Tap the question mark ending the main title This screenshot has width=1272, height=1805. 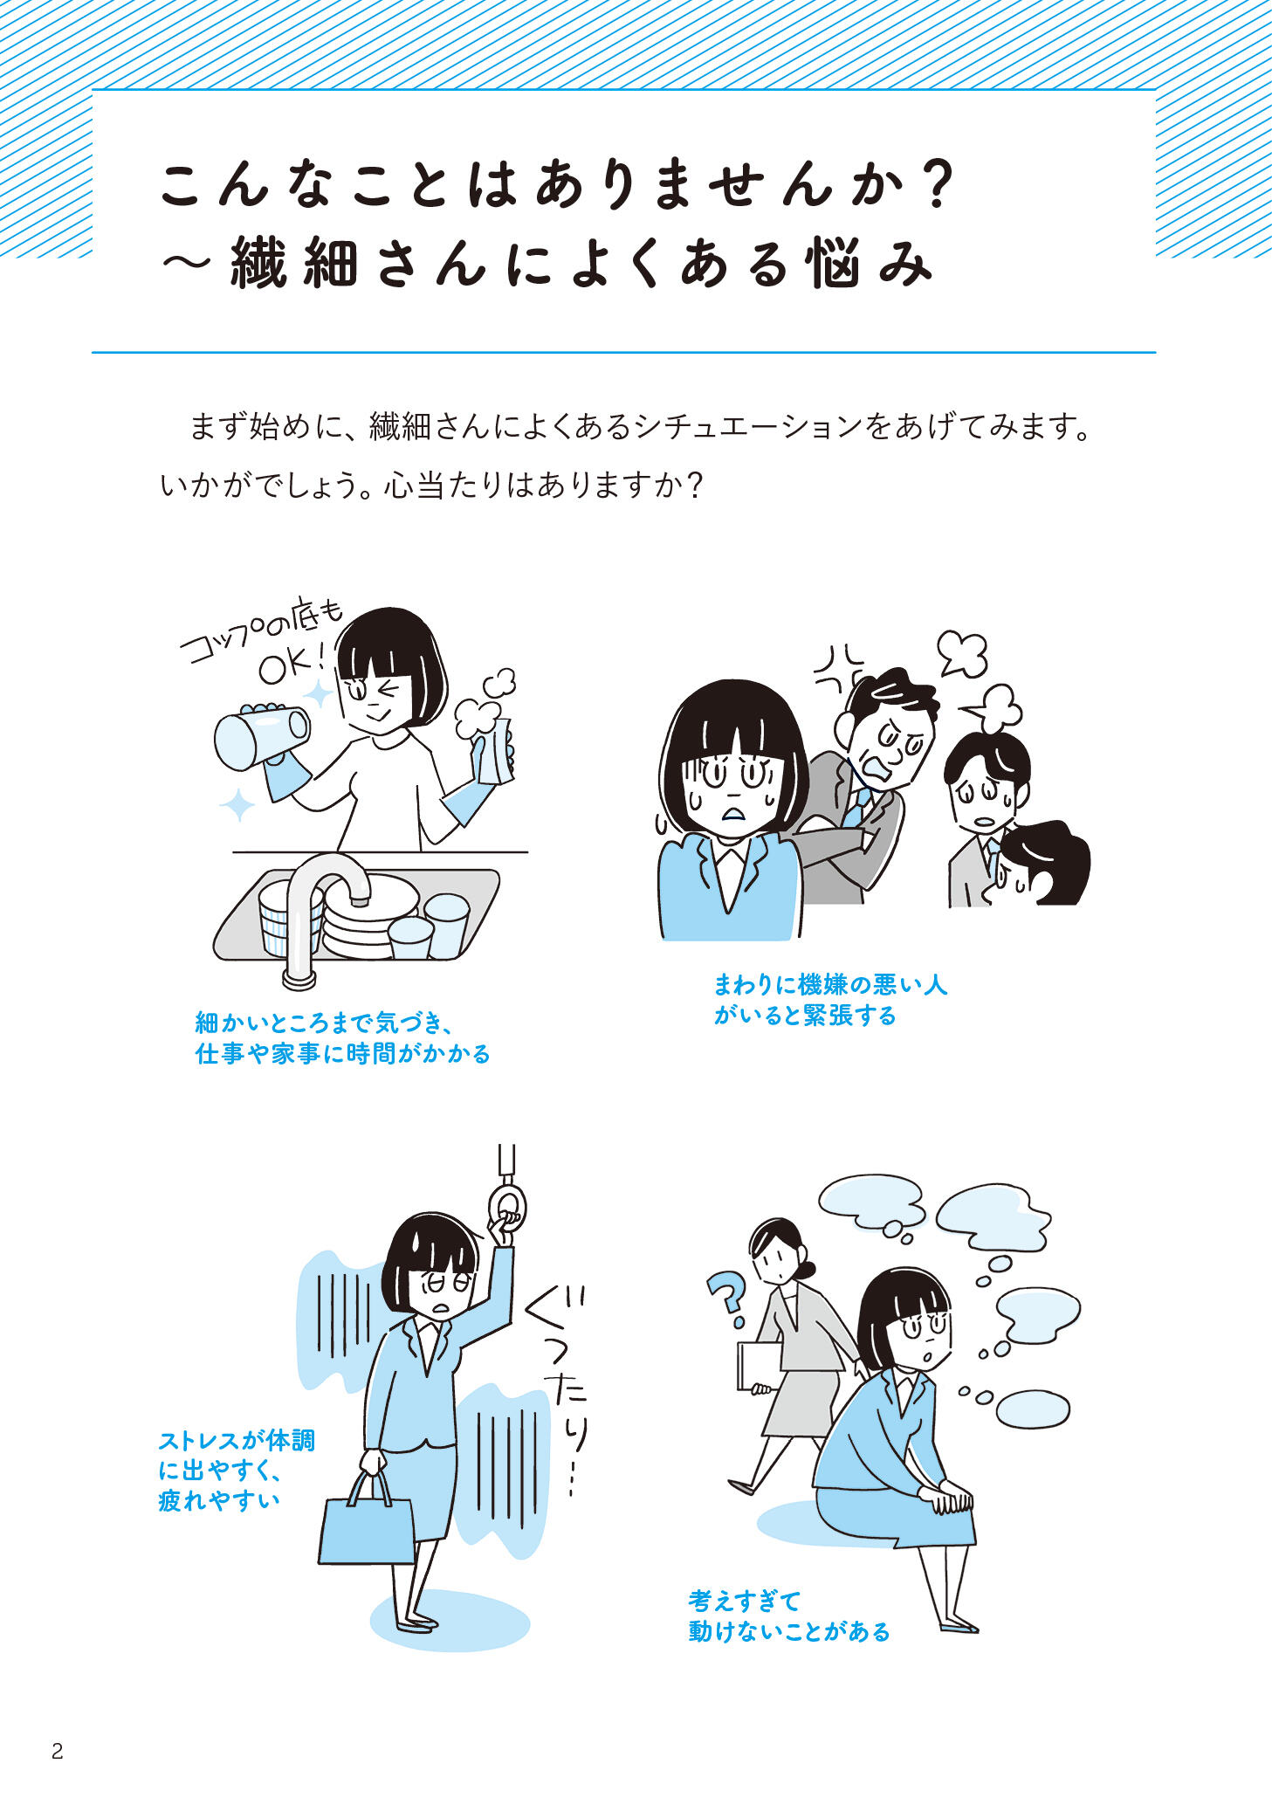[937, 184]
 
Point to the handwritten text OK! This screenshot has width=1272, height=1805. [295, 666]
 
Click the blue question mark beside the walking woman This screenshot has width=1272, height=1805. [725, 1299]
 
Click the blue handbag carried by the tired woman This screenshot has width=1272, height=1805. [367, 1519]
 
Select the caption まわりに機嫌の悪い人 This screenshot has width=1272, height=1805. [830, 985]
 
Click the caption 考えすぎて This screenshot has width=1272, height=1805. [744, 1600]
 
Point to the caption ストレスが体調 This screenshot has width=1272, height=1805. [237, 1442]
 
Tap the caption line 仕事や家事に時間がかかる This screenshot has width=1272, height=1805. [342, 1054]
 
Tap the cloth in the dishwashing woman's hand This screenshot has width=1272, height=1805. [494, 750]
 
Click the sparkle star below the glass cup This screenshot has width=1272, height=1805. [237, 804]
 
